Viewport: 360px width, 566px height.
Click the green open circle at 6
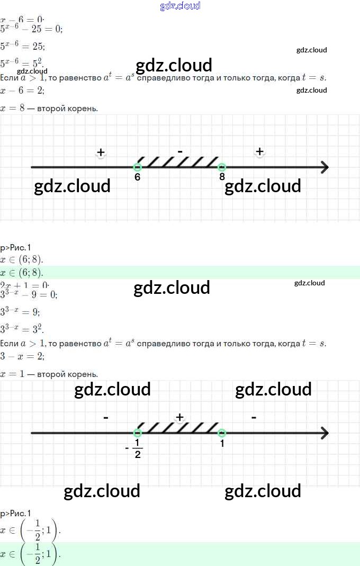pyautogui.click(x=138, y=167)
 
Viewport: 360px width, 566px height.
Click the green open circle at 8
pyautogui.click(x=222, y=167)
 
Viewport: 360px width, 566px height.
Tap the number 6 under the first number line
pyautogui.click(x=138, y=177)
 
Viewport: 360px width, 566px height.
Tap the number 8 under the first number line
pyautogui.click(x=222, y=177)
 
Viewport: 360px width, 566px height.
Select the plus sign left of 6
pyautogui.click(x=101, y=152)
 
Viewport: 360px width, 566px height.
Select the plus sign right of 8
pyautogui.click(x=259, y=151)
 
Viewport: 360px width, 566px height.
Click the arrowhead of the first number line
pyautogui.click(x=324, y=167)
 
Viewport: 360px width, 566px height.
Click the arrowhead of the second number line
pyautogui.click(x=324, y=433)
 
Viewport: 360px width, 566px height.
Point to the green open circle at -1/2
pyautogui.click(x=138, y=433)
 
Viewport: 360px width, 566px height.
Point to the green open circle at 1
pyautogui.click(x=222, y=433)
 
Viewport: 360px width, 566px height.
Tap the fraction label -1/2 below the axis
pyautogui.click(x=136, y=448)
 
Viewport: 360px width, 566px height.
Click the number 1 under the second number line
pyautogui.click(x=222, y=444)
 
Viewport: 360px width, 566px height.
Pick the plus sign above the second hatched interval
pyautogui.click(x=180, y=417)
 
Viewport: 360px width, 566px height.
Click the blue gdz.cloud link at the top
pyautogui.click(x=180, y=6)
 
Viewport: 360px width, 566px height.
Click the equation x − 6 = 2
pyautogui.click(x=23, y=91)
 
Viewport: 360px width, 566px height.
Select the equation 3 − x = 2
pyautogui.click(x=23, y=356)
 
